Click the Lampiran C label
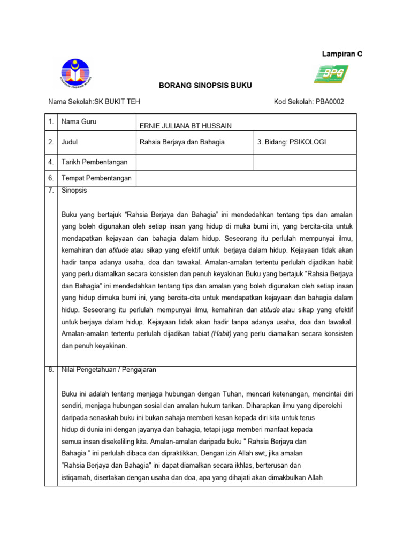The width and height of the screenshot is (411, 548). (x=342, y=54)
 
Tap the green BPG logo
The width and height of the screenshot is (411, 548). (x=331, y=74)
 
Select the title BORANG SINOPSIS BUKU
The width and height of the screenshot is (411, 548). (x=199, y=86)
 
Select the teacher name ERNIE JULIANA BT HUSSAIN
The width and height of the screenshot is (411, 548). (x=186, y=126)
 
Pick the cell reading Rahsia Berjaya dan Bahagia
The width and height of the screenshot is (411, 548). (x=182, y=142)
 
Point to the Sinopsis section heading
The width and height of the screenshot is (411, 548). (x=74, y=191)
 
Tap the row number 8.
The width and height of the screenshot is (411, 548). (x=51, y=369)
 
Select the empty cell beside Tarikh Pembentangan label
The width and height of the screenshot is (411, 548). (x=194, y=162)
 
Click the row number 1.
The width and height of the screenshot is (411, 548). (x=51, y=122)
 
